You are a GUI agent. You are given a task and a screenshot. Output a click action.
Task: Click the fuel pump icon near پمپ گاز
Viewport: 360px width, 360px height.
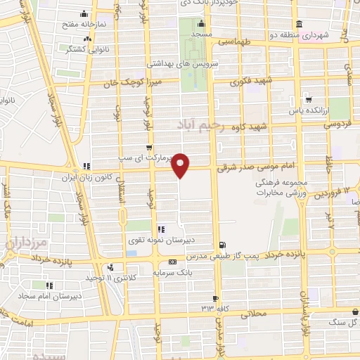[223, 245]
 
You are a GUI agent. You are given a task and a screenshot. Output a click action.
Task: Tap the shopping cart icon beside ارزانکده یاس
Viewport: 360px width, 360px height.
[307, 100]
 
